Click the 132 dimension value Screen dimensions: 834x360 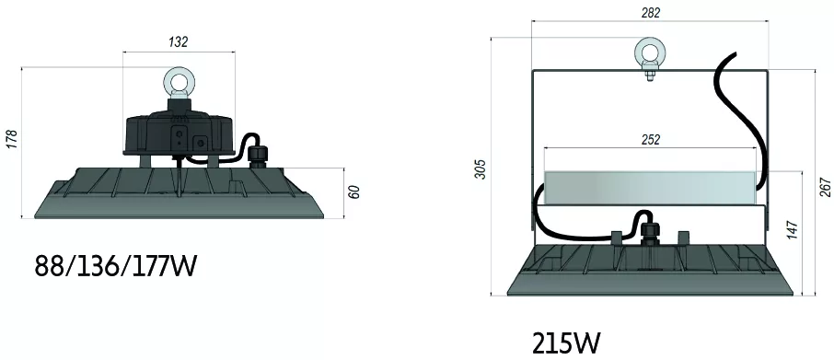click(179, 42)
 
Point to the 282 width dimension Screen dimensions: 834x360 click(651, 13)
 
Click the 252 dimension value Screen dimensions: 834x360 click(651, 140)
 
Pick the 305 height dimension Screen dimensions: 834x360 click(481, 168)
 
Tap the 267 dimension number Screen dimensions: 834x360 click(825, 187)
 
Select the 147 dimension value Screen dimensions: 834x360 click(793, 229)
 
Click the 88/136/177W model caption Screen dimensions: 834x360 click(116, 266)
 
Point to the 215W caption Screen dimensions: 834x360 click(566, 343)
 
